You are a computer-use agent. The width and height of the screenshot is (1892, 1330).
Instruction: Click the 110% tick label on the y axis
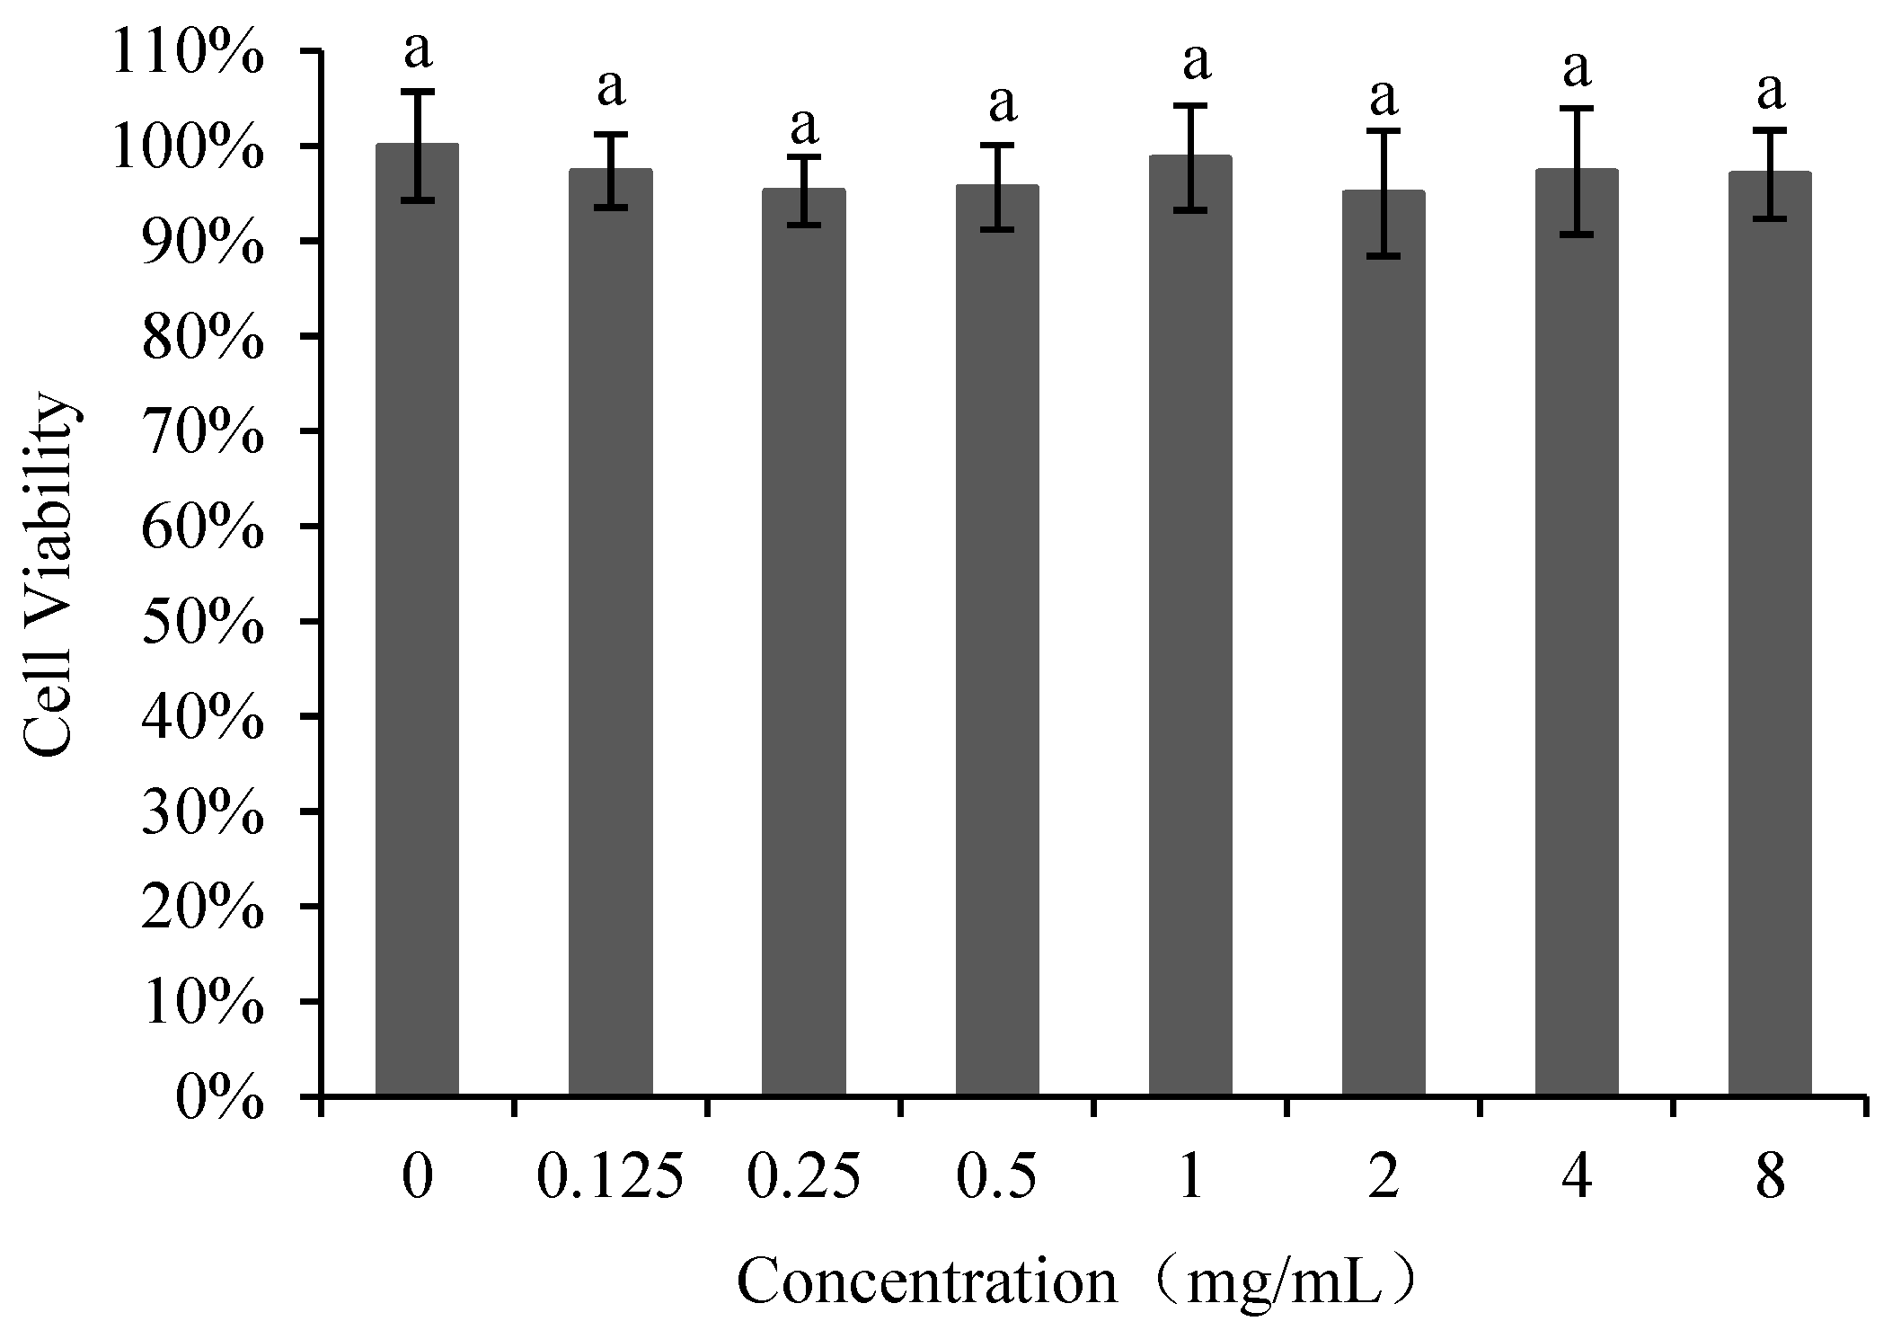[x=187, y=52]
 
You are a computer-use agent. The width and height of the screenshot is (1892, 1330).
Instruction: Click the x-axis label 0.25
[x=803, y=1177]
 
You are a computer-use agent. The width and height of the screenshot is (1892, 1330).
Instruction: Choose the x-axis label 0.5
[x=997, y=1177]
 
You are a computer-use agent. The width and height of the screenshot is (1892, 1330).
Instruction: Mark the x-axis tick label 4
[x=1577, y=1177]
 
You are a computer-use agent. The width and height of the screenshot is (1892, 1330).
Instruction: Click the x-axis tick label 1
[x=1190, y=1177]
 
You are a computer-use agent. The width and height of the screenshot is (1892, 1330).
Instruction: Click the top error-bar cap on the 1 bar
[x=1190, y=105]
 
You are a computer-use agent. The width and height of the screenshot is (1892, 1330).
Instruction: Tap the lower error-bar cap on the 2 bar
[x=1384, y=256]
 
